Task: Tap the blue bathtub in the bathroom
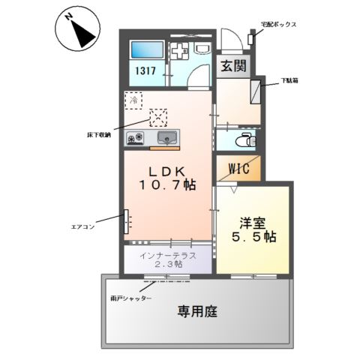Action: (145, 50)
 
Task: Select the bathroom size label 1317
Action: (145, 71)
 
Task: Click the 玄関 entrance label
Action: (232, 66)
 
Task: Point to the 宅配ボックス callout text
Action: (278, 25)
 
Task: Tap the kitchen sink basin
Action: (168, 137)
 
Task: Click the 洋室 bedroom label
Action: (253, 223)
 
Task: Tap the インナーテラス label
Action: (168, 256)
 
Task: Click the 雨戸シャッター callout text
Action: (131, 298)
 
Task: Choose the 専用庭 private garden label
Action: (197, 311)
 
